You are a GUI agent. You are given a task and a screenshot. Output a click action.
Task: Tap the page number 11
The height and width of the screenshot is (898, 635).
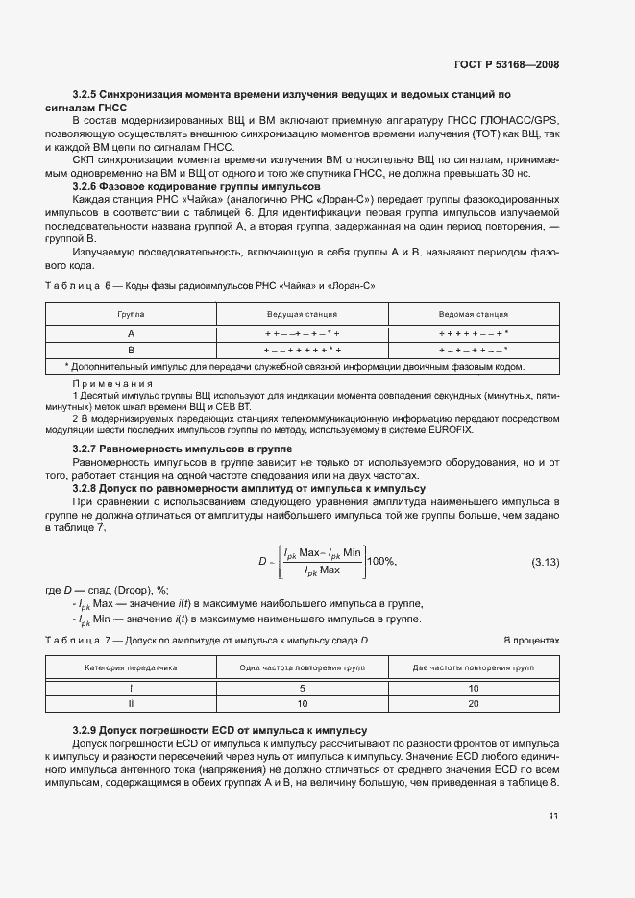pos(554,816)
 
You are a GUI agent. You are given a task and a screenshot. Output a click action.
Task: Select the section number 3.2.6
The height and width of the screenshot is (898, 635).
pos(87,185)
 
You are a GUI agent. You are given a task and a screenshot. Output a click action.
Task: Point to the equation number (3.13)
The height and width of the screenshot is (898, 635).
pos(545,561)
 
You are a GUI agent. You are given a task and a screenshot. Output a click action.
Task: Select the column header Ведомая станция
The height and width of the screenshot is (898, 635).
pos(473,314)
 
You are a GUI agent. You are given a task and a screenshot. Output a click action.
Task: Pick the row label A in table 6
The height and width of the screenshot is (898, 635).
pos(131,332)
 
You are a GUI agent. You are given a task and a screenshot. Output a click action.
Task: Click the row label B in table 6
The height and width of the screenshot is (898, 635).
pos(131,350)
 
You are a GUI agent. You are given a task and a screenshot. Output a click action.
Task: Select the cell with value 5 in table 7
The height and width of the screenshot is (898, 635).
pos(302,688)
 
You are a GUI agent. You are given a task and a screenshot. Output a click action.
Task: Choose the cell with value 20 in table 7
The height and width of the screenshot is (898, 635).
pos(473,704)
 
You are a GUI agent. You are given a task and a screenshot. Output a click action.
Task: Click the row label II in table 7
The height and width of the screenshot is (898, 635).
pos(131,704)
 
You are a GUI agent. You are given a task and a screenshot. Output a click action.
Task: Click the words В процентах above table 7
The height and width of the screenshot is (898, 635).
pos(531,640)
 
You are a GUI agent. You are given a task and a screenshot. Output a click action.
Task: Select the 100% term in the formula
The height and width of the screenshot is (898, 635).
pos(381,561)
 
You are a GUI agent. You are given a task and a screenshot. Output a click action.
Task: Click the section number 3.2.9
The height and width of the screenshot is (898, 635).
pos(87,731)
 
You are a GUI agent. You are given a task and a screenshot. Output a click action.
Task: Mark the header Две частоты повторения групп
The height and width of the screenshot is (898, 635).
pos(473,666)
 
